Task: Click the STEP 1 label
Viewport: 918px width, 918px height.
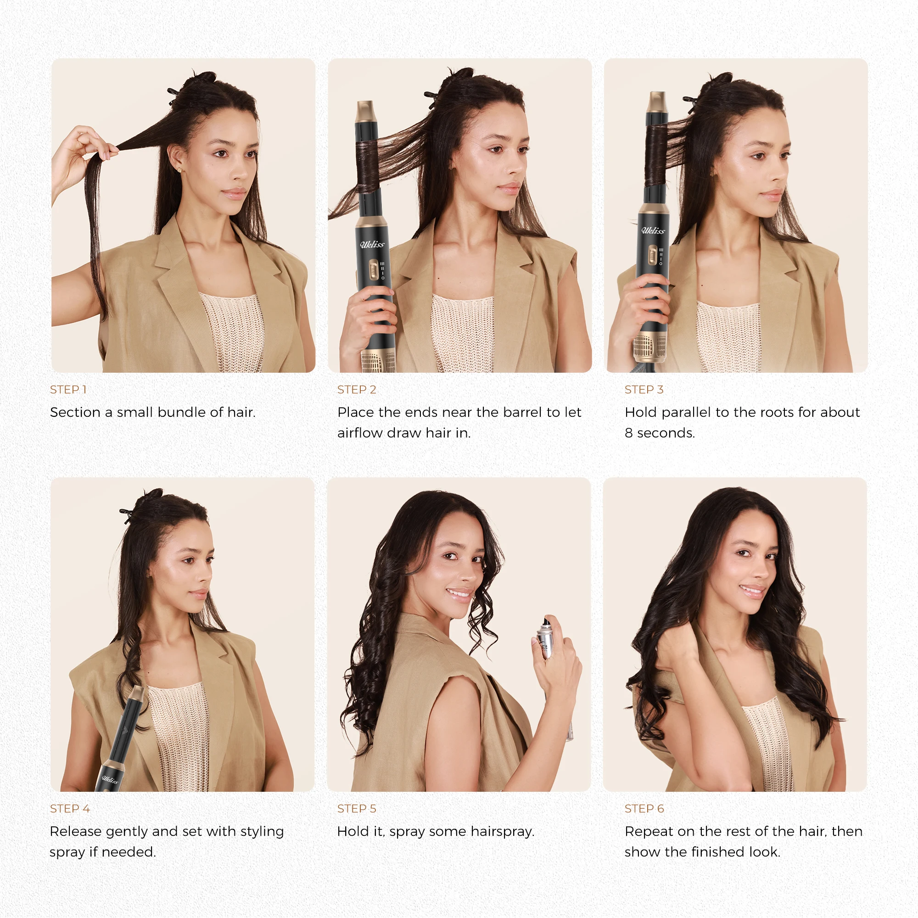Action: [68, 390]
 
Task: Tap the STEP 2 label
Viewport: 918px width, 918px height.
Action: [356, 390]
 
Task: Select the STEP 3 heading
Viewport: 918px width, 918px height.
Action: [644, 390]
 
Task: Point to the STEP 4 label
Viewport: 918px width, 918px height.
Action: [70, 809]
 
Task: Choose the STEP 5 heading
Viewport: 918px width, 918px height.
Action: [356, 809]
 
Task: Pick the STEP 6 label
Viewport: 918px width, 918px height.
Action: [644, 809]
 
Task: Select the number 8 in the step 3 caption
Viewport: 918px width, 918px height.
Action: [629, 433]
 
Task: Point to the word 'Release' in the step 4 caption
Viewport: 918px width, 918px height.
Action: [76, 832]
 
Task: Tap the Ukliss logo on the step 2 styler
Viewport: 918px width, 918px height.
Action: [372, 245]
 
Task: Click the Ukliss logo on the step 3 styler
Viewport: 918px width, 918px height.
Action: [653, 231]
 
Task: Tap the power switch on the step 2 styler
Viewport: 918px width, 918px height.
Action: [375, 270]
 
